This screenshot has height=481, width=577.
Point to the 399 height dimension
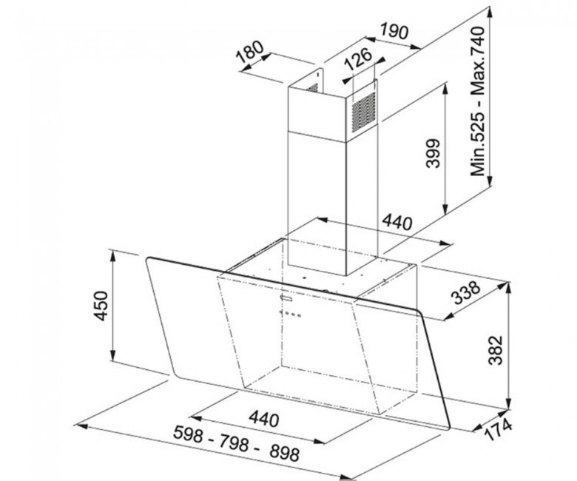click(x=433, y=153)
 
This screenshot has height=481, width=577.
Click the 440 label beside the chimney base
click(x=397, y=222)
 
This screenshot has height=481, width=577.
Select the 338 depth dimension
click(x=467, y=293)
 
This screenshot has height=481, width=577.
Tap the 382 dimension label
click(x=496, y=349)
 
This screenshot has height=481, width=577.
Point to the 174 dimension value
click(x=498, y=429)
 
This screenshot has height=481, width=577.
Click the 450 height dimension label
click(x=101, y=306)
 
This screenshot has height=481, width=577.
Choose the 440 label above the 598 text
click(x=263, y=419)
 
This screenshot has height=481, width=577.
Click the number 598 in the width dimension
click(x=188, y=434)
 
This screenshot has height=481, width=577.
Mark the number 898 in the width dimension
click(x=284, y=453)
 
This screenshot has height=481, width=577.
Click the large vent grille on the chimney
click(x=363, y=112)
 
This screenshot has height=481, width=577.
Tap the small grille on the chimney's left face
click(x=313, y=87)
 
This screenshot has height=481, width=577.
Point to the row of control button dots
click(x=290, y=314)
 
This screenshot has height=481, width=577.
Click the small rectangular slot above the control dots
click(x=286, y=297)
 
